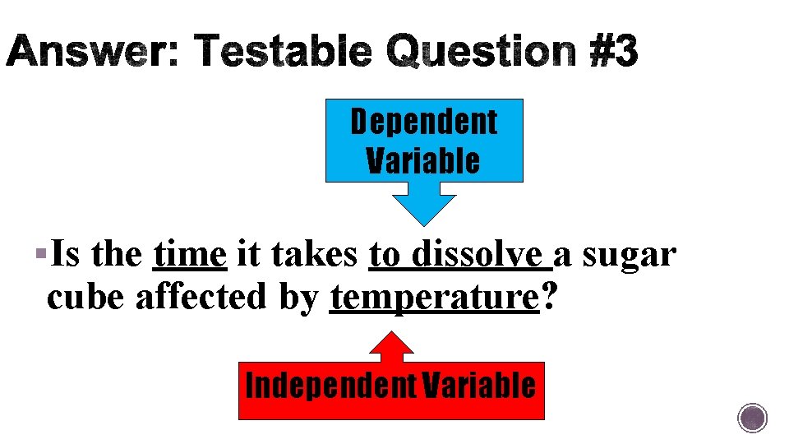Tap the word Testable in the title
tap(284, 53)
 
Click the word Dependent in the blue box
tap(424, 122)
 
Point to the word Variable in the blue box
tap(424, 160)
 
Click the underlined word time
tap(189, 255)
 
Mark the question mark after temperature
tap(547, 297)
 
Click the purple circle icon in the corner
tap(752, 418)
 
